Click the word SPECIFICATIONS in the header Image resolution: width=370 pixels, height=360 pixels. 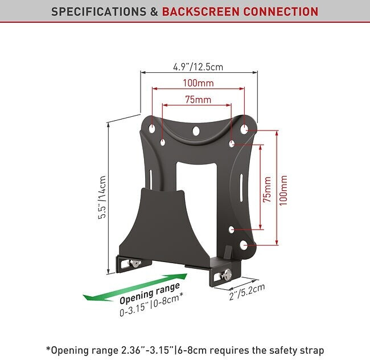[x=98, y=11]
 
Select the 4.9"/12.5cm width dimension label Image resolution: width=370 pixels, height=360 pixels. [x=198, y=67]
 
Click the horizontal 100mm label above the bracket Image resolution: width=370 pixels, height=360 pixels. [x=198, y=83]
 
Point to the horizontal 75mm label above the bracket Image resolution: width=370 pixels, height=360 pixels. [x=198, y=100]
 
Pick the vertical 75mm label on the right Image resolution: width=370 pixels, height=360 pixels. [x=267, y=189]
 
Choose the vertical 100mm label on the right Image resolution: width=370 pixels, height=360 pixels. [x=283, y=190]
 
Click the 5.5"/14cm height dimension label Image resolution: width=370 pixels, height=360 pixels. [x=102, y=197]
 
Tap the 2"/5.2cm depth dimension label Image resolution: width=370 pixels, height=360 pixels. [x=247, y=292]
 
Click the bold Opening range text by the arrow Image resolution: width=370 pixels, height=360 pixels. [x=150, y=293]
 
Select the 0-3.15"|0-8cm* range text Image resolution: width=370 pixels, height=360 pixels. [x=151, y=304]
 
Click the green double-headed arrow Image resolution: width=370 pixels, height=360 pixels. [x=135, y=287]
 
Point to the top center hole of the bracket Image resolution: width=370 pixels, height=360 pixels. [x=196, y=131]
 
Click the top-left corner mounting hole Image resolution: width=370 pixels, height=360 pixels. [x=152, y=128]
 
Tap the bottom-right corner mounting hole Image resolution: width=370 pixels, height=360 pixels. [x=244, y=246]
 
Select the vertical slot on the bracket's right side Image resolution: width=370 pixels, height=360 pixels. [x=241, y=189]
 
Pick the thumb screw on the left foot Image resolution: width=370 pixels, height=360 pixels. [x=134, y=263]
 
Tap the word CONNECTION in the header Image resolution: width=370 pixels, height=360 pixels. [x=281, y=11]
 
